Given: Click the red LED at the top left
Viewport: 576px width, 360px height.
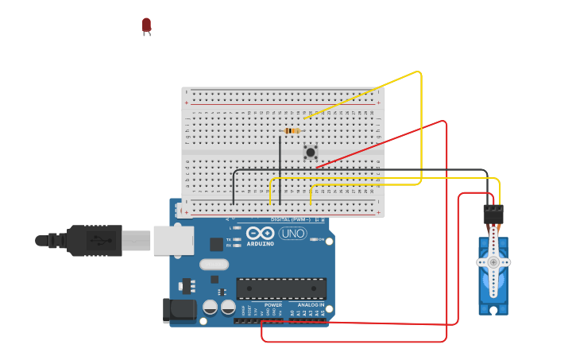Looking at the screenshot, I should [x=146, y=25].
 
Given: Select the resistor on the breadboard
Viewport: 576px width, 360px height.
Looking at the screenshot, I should [x=291, y=130].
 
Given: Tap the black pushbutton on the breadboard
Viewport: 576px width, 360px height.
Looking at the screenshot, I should [x=311, y=152].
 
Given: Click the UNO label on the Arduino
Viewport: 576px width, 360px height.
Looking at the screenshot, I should [x=292, y=234].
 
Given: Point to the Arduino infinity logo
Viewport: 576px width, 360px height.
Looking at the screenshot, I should [x=260, y=233].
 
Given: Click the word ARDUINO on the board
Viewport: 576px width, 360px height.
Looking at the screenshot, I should [x=260, y=243].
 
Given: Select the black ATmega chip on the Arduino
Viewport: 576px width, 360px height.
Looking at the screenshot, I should [x=280, y=288].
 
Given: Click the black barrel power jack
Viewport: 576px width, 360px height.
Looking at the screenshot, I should [x=179, y=310].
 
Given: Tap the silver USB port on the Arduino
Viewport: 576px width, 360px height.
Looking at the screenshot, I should [x=173, y=240].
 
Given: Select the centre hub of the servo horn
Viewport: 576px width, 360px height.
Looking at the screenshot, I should [x=493, y=262].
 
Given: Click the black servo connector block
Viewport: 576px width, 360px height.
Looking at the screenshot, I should [x=493, y=215].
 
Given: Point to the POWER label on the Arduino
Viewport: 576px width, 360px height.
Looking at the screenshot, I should [x=273, y=305].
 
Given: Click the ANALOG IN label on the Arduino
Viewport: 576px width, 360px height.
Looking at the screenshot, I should [x=311, y=305].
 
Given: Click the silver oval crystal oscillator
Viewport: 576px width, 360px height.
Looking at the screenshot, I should [x=214, y=264].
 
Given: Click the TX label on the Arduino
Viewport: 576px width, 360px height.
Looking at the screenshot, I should [x=229, y=238].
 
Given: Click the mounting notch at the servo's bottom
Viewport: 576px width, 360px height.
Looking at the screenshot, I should [x=493, y=309].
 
